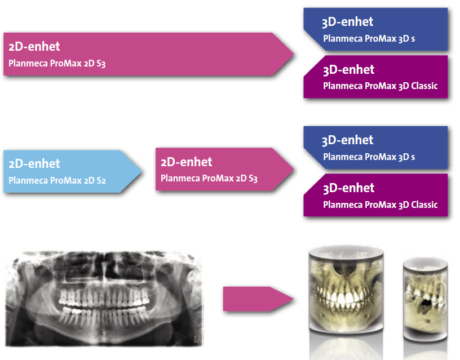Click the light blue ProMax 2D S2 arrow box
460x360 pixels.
coord(68,172)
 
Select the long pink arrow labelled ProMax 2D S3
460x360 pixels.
coord(141,54)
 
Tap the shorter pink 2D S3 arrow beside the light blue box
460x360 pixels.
coord(220,169)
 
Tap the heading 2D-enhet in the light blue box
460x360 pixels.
coord(34,164)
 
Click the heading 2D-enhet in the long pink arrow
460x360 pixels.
coord(34,46)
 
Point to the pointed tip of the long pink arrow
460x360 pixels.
coord(293,54)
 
